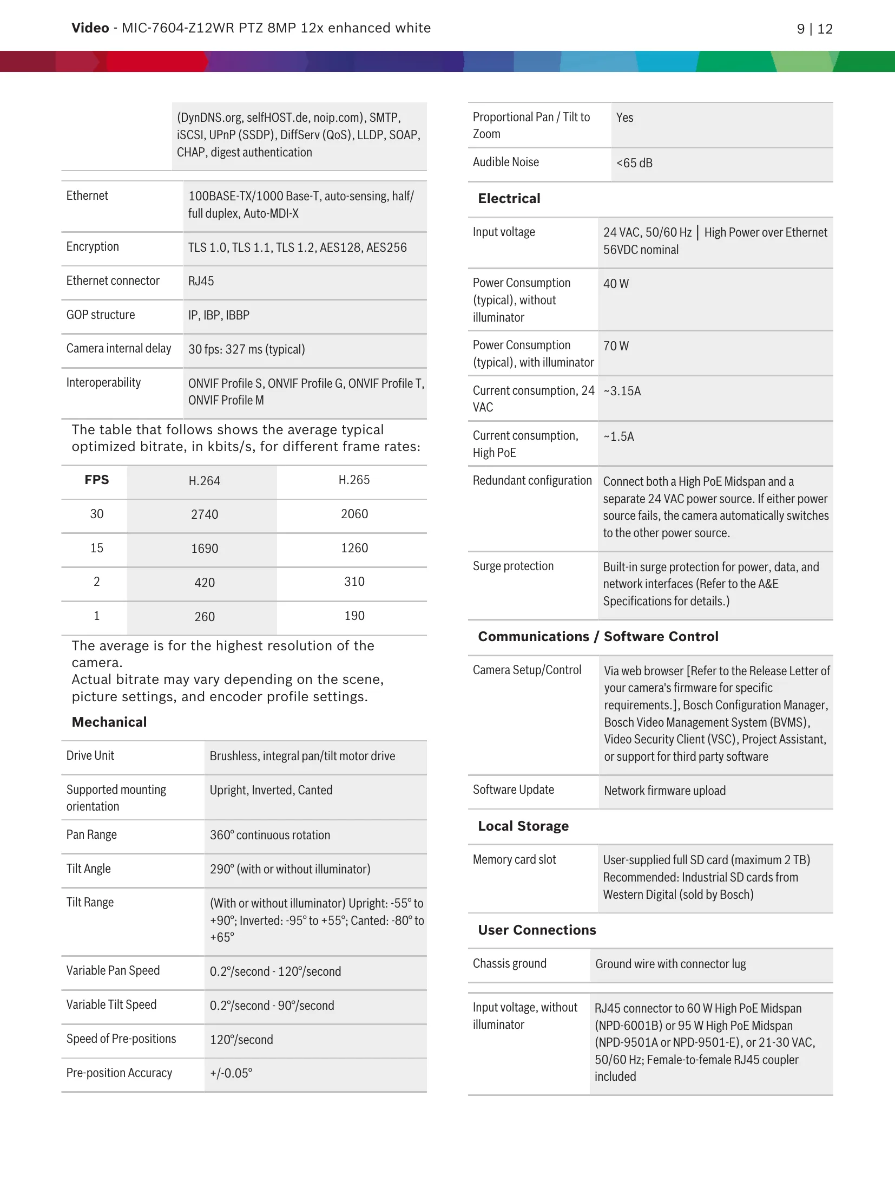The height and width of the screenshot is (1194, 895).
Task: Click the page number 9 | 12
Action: pyautogui.click(x=814, y=29)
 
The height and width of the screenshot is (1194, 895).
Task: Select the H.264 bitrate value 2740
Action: pyautogui.click(x=205, y=514)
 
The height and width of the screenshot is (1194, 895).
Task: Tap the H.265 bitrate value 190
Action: pyautogui.click(x=354, y=616)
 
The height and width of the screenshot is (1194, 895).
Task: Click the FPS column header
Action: pyautogui.click(x=97, y=480)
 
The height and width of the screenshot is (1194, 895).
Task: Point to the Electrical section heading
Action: pyautogui.click(x=509, y=199)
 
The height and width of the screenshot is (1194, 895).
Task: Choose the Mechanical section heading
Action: pyautogui.click(x=109, y=722)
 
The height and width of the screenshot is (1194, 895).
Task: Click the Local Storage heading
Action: pyautogui.click(x=523, y=826)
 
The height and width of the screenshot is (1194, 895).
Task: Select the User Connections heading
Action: pyautogui.click(x=537, y=930)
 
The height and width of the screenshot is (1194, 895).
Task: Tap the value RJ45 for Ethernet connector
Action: pyautogui.click(x=201, y=281)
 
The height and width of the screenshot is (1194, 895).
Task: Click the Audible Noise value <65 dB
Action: pyautogui.click(x=634, y=163)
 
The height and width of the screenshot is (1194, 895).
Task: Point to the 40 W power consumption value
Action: pyautogui.click(x=616, y=284)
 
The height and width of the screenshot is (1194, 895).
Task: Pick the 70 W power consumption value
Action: pyautogui.click(x=616, y=346)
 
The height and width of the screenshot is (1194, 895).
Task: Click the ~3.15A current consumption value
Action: pyautogui.click(x=622, y=391)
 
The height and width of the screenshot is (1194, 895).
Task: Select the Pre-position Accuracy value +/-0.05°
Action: pyautogui.click(x=231, y=1073)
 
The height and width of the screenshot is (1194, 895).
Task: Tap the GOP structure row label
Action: pyautogui.click(x=101, y=315)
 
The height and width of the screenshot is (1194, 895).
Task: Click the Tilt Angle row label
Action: pyautogui.click(x=89, y=869)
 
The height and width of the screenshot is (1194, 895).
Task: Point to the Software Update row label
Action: pyautogui.click(x=514, y=790)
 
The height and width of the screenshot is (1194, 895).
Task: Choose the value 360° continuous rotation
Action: pyautogui.click(x=270, y=835)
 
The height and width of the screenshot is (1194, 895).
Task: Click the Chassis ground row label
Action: pyautogui.click(x=510, y=963)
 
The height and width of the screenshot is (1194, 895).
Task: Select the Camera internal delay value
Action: pyautogui.click(x=247, y=349)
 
